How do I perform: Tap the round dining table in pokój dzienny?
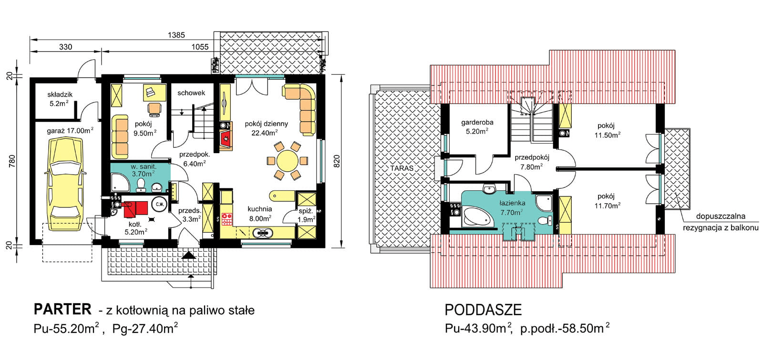(287, 161)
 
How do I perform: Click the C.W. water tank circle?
(159, 205)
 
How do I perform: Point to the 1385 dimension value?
(176, 35)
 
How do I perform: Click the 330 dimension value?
(65, 47)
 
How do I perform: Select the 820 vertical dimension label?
(337, 161)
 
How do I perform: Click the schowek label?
(191, 93)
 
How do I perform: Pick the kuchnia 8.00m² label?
(260, 214)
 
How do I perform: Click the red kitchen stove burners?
(227, 219)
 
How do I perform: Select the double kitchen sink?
(262, 233)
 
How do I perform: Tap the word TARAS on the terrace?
(402, 168)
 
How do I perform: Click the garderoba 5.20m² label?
(477, 126)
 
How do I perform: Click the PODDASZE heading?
(483, 310)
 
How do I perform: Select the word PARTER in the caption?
(62, 309)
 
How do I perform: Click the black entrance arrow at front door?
(188, 256)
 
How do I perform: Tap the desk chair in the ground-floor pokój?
(155, 108)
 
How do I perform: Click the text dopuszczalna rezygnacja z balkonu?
(721, 222)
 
